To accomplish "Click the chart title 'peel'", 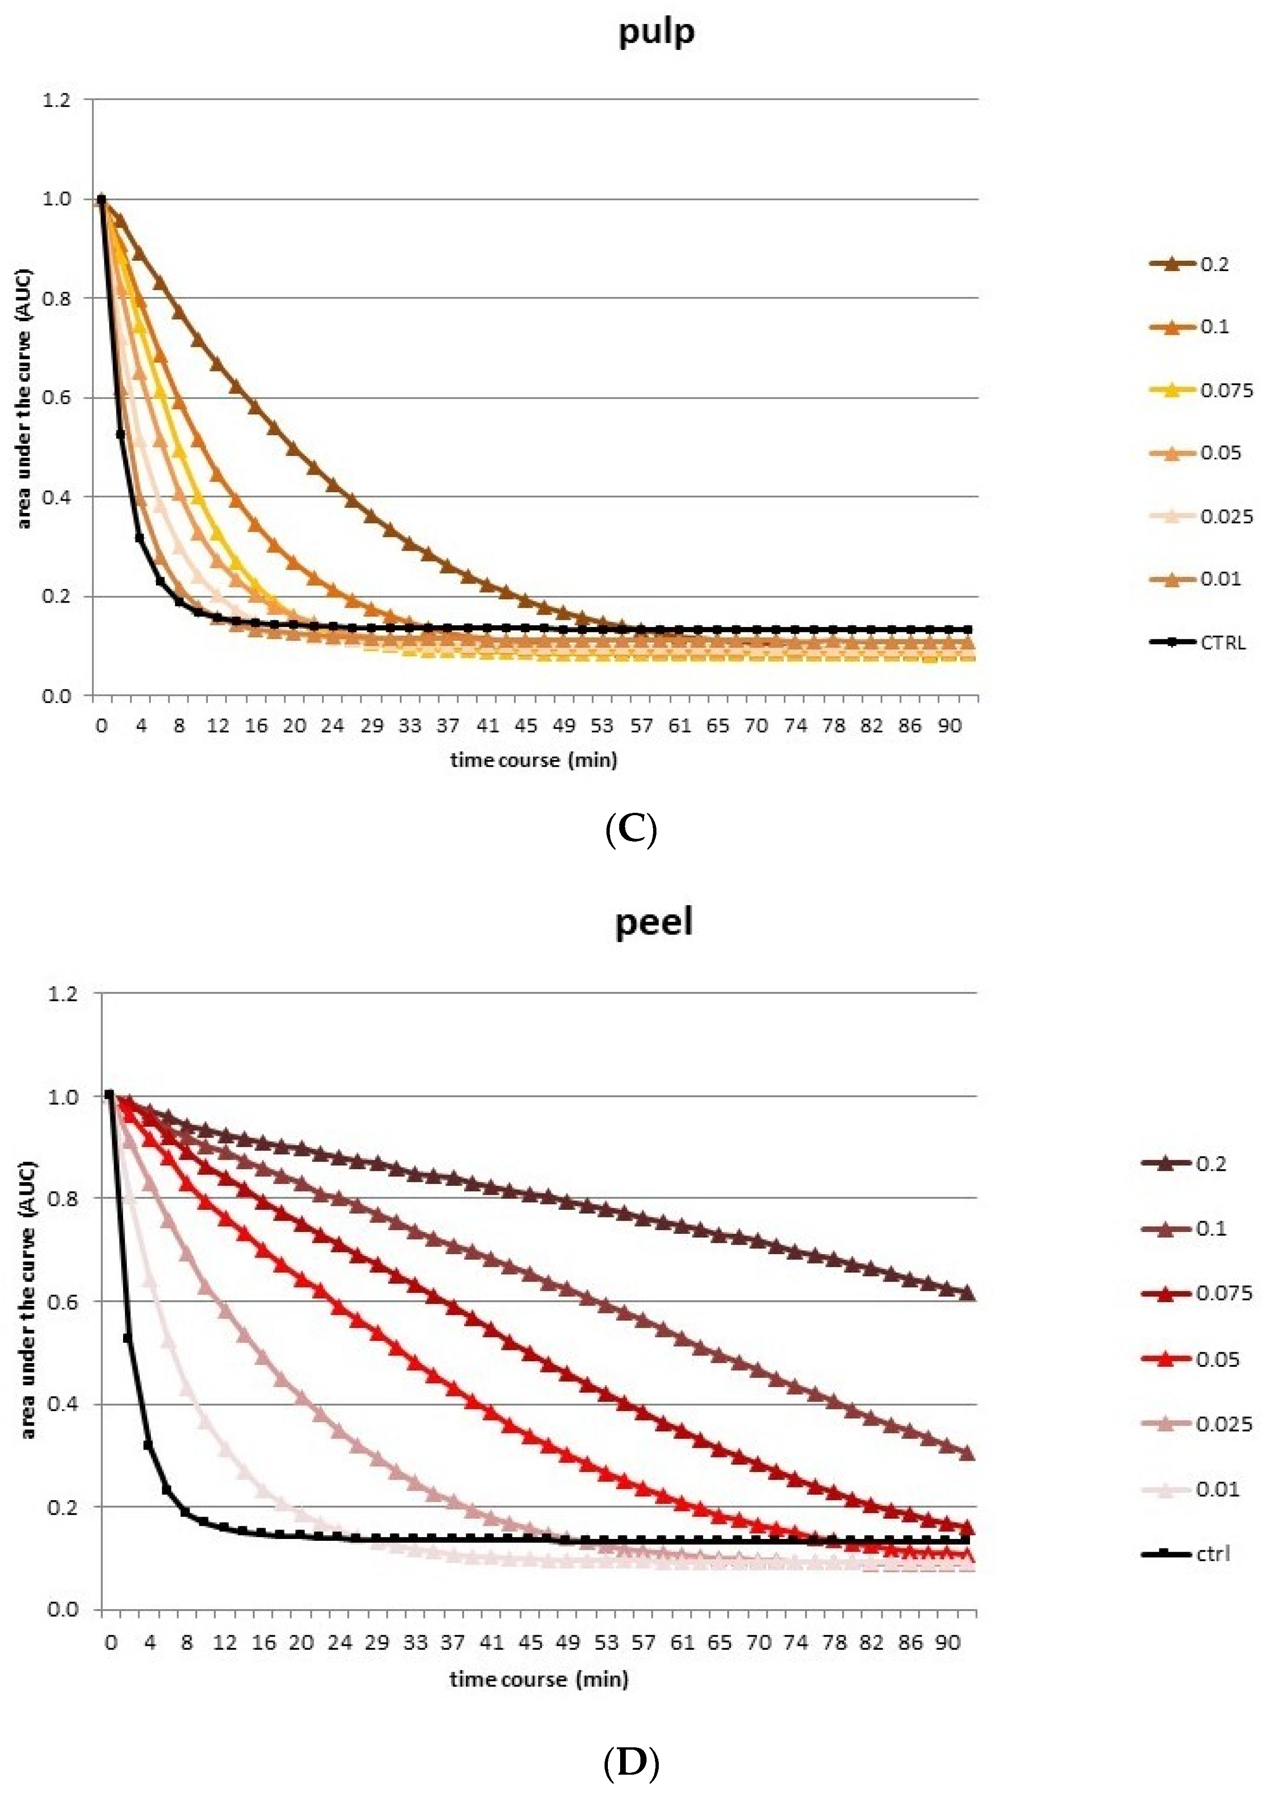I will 654,922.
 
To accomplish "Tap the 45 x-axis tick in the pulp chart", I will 526,726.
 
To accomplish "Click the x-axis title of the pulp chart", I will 534,760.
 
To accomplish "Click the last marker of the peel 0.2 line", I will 967,1292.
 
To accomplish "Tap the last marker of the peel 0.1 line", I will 967,1453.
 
